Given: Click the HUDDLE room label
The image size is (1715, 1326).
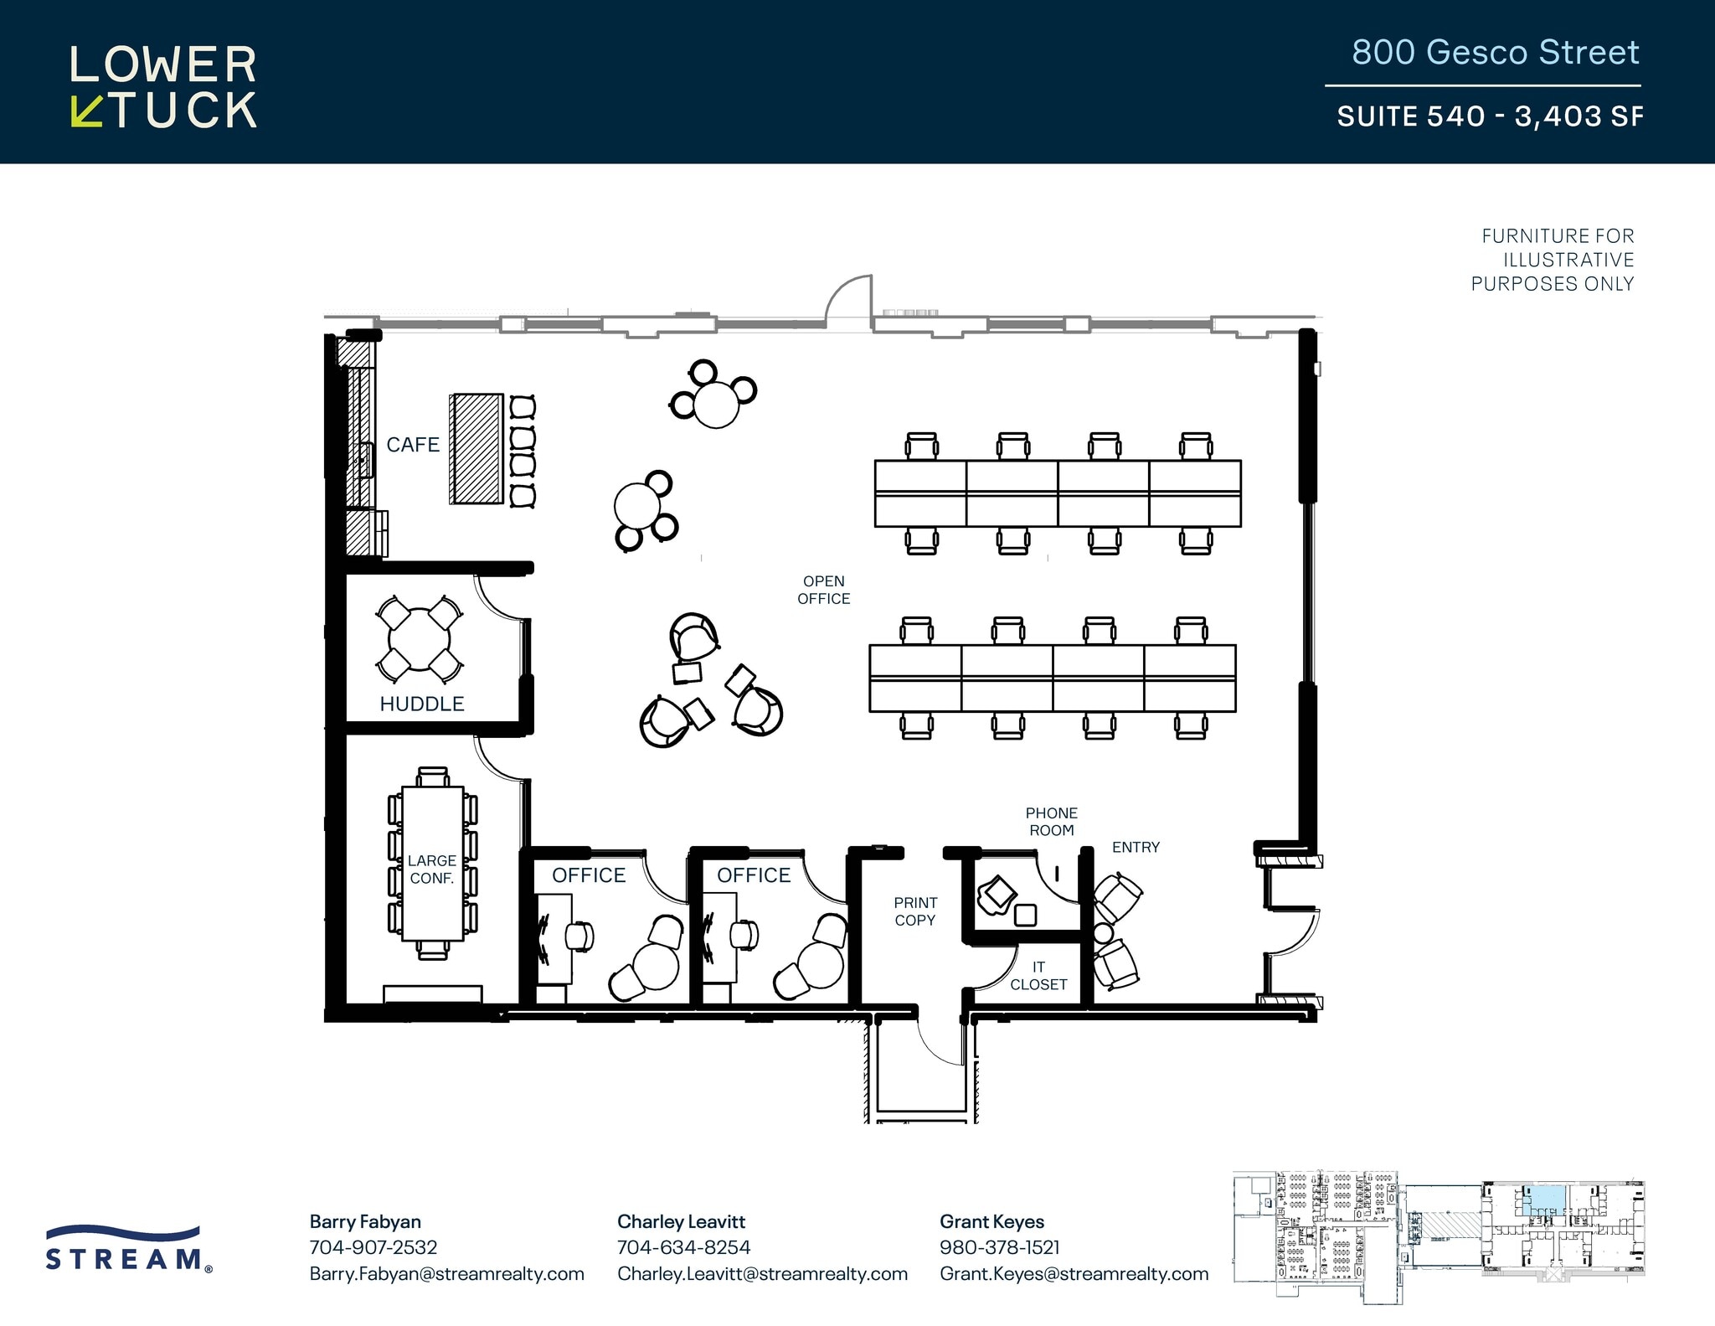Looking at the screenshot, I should (x=421, y=704).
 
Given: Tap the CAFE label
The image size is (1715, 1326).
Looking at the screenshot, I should (x=413, y=445).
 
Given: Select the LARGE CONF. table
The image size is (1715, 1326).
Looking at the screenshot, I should (x=432, y=863).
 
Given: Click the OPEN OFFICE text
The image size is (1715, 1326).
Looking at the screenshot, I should (x=823, y=590).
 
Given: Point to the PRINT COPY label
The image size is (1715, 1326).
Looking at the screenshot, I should (x=914, y=911).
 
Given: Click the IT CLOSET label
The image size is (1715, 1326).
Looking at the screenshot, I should (x=1038, y=976).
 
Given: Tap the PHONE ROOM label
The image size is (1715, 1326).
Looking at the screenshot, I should (x=1051, y=822).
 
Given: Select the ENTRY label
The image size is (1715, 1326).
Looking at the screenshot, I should (x=1136, y=848).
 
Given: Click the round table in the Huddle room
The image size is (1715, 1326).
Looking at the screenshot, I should (x=419, y=640).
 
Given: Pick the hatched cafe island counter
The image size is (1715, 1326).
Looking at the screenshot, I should (x=477, y=449).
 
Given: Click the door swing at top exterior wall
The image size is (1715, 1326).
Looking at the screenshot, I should (x=849, y=300).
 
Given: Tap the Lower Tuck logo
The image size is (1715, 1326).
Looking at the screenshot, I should (x=163, y=87).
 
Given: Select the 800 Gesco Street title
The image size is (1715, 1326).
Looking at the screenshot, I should (x=1495, y=53).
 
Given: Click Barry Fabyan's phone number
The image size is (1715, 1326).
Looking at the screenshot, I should (x=373, y=1247).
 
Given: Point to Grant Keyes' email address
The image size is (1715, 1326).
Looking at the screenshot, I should (x=1074, y=1274).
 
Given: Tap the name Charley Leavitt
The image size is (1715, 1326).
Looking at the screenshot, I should (x=681, y=1222).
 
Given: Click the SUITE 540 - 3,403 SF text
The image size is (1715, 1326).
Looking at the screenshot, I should (x=1489, y=116).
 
